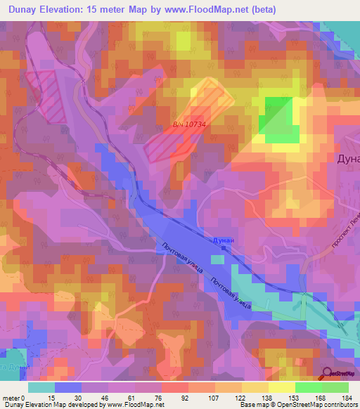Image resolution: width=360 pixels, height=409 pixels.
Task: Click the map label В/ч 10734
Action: click(188, 124)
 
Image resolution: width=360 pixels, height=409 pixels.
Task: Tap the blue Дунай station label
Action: click(220, 240)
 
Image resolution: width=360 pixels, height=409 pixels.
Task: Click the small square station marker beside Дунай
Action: click(224, 247)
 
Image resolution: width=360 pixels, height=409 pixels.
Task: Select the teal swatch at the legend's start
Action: click(41, 387)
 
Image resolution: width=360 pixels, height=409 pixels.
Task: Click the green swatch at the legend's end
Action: click(335, 387)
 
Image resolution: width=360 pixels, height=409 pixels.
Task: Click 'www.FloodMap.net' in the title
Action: click(202, 10)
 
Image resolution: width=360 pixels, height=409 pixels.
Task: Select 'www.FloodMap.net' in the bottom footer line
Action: click(131, 405)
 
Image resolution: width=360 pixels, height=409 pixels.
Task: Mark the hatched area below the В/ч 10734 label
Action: click(169, 144)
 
